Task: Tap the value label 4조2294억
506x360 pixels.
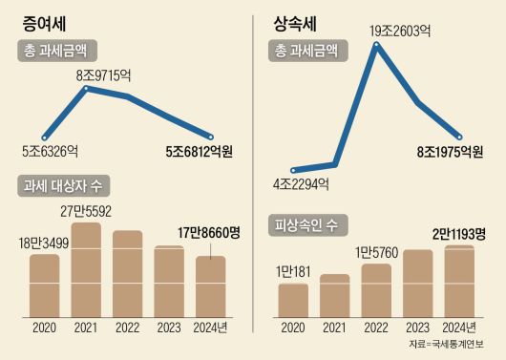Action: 304,184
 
